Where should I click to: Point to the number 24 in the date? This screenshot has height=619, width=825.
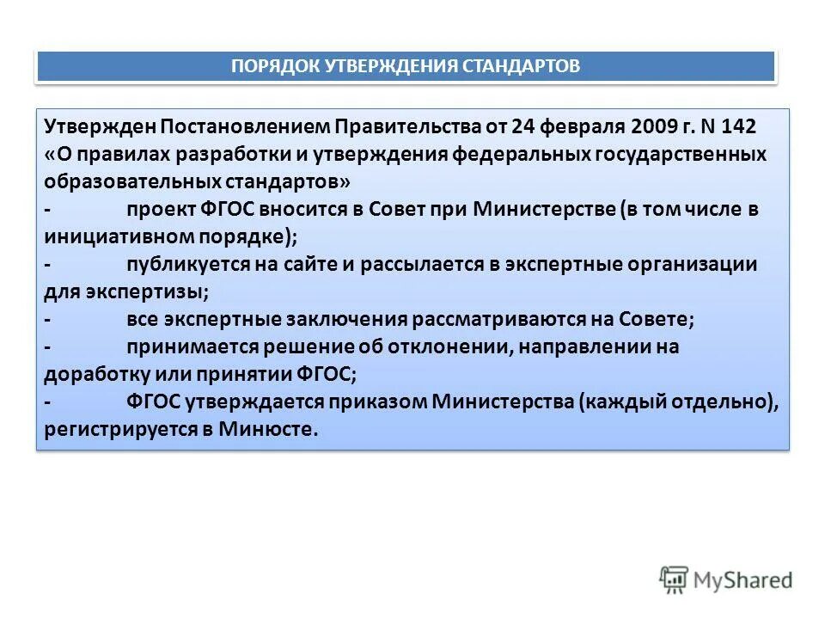(x=523, y=127)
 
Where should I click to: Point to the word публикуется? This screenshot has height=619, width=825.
(x=186, y=264)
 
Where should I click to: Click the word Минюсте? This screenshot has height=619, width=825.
(x=272, y=429)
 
